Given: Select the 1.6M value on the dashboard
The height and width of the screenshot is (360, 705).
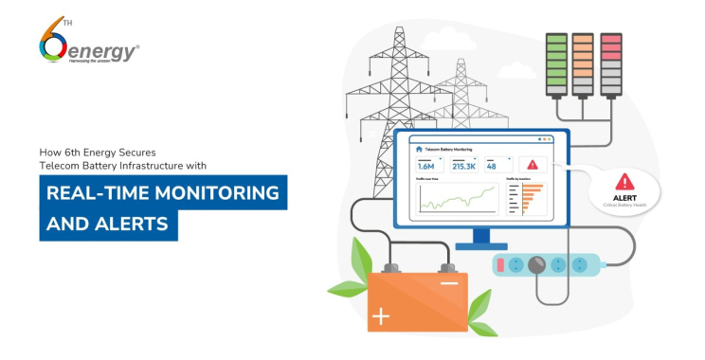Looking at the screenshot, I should [x=425, y=166].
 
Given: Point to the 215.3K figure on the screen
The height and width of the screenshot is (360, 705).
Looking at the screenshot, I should [x=463, y=166].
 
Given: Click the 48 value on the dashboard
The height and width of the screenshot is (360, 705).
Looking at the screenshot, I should [x=492, y=166].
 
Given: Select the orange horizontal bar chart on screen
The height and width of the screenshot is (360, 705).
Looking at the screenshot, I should [x=529, y=196].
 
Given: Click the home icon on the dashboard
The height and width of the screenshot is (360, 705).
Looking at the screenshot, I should [x=418, y=149].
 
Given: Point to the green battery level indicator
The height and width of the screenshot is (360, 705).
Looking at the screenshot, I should [x=556, y=63].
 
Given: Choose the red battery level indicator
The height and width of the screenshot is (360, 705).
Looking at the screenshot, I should [x=610, y=63].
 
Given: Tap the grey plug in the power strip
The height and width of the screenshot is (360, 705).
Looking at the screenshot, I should [x=541, y=266].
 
